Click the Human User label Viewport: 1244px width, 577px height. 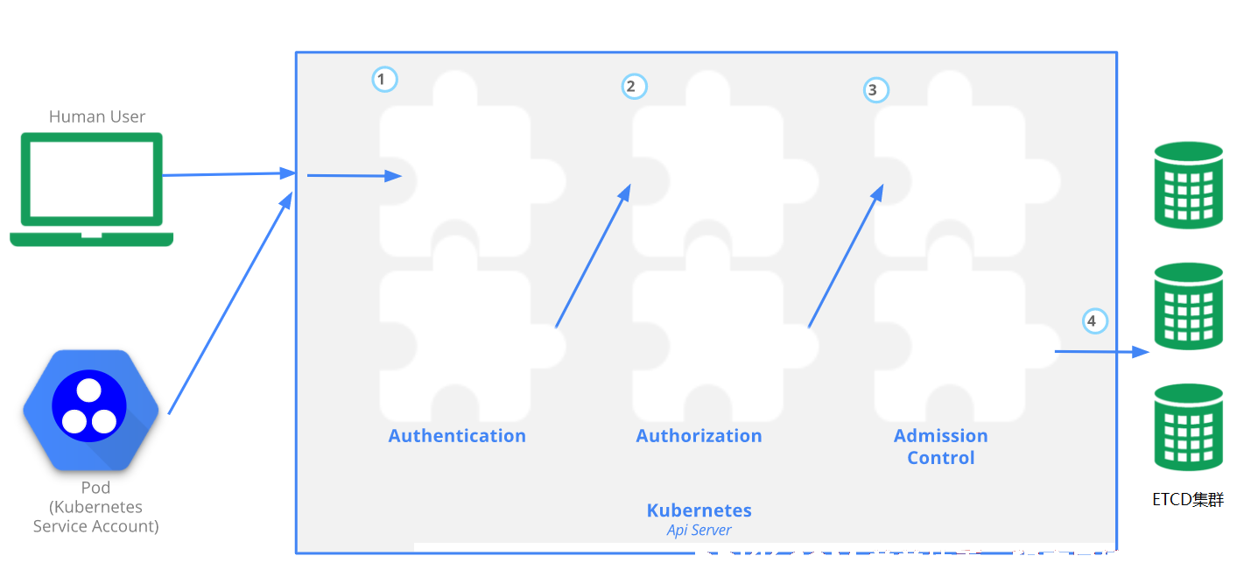click(96, 116)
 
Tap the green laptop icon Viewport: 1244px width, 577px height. click(92, 189)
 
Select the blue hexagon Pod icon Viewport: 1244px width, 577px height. click(90, 410)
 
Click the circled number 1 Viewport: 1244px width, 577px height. click(384, 80)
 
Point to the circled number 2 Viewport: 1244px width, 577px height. click(634, 87)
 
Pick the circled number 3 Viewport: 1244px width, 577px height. click(875, 90)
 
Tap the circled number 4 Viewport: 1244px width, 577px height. click(1094, 321)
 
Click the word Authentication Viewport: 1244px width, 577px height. click(456, 436)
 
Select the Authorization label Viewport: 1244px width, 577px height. click(699, 436)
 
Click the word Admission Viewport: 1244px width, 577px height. click(941, 436)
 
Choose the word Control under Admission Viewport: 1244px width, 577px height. click(941, 458)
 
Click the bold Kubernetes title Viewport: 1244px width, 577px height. click(699, 510)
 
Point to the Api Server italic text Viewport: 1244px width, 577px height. click(699, 531)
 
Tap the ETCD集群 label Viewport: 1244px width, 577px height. click(1188, 500)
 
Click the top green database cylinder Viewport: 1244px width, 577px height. click(1189, 185)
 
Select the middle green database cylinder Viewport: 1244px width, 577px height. click(1189, 306)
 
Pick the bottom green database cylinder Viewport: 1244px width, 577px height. click(1189, 427)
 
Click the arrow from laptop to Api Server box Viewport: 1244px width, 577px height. click(228, 174)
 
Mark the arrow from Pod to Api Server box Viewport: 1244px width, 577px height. click(230, 303)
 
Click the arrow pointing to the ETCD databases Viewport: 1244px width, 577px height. click(1102, 351)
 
